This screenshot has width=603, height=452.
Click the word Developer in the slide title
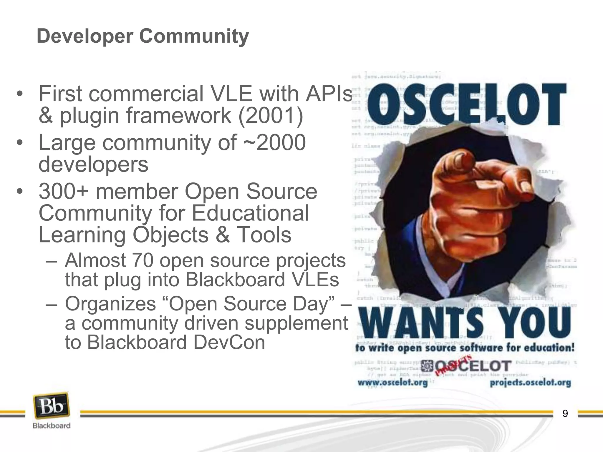click(x=85, y=36)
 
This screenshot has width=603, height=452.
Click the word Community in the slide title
click(x=194, y=36)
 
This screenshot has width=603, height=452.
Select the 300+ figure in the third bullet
click(x=63, y=192)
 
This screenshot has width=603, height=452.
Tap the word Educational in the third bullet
click(x=251, y=213)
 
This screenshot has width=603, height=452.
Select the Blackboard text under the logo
click(x=52, y=426)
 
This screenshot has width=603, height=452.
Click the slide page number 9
click(x=565, y=414)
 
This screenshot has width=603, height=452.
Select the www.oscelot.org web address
click(x=392, y=383)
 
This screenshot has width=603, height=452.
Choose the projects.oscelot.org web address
click(x=530, y=383)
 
